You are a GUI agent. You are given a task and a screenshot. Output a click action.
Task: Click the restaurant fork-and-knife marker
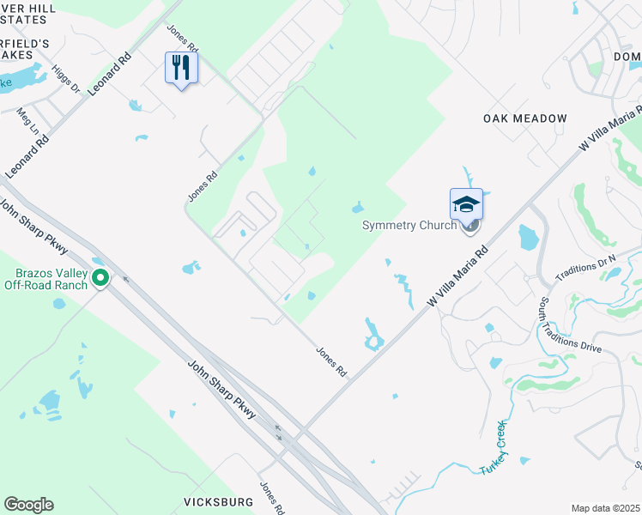(x=182, y=68)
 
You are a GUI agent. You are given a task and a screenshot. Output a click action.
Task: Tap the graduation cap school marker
(x=466, y=204)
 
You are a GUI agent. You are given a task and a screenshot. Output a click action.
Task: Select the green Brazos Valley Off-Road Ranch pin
(x=100, y=277)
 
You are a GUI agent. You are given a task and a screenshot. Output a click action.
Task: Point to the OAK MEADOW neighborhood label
(x=524, y=118)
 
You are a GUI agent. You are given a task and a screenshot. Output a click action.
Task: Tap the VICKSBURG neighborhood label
(x=218, y=501)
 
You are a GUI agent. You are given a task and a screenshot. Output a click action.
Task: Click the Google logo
(x=28, y=505)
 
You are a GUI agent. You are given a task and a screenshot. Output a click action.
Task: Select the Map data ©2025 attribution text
(x=605, y=508)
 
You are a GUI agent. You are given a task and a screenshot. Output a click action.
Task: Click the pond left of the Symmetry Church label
(x=357, y=208)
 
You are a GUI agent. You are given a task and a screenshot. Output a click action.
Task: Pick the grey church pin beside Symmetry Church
(x=469, y=226)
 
